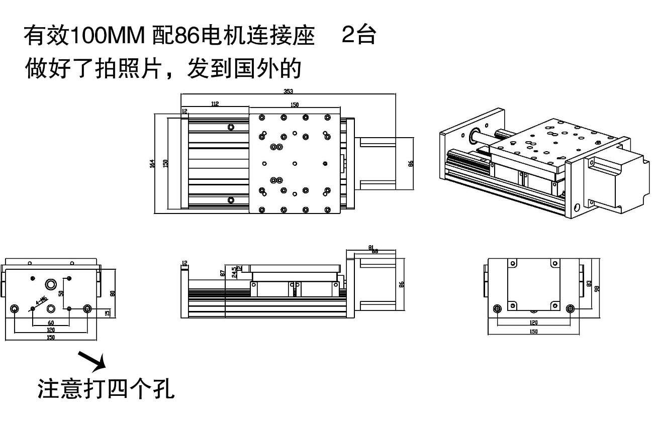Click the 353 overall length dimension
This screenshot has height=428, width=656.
click(288, 91)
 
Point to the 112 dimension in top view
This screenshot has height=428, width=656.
click(215, 104)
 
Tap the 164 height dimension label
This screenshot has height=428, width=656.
click(152, 163)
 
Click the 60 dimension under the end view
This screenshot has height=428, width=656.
click(51, 323)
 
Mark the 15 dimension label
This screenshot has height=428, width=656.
click(107, 313)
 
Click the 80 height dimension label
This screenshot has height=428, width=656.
click(113, 293)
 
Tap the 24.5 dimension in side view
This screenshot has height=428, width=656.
click(234, 272)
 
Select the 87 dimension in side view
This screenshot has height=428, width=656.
click(223, 273)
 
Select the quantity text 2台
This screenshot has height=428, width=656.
click(358, 35)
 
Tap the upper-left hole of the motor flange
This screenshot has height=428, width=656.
click(512, 263)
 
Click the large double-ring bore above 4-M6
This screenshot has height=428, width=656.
click(51, 285)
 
